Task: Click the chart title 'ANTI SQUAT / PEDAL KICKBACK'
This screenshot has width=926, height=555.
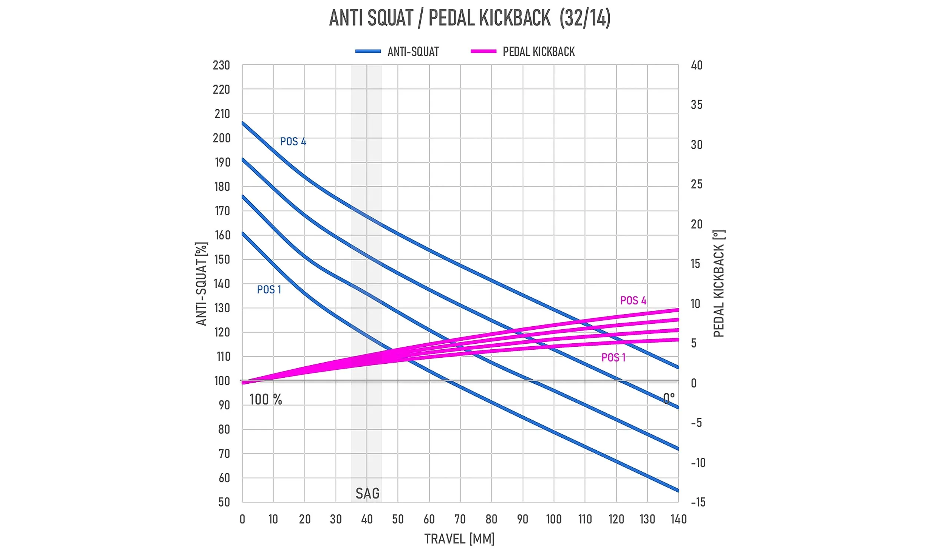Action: [440, 18]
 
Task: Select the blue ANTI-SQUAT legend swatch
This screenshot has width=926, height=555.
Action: [368, 51]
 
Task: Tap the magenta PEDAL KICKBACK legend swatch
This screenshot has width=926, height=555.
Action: [483, 51]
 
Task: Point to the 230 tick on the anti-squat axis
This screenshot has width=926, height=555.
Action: [221, 65]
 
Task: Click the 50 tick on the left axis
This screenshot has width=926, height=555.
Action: [224, 502]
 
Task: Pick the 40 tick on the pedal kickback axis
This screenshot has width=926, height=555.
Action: [697, 65]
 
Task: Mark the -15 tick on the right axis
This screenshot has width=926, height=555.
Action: [698, 502]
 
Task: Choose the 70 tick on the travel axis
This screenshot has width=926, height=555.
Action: [460, 519]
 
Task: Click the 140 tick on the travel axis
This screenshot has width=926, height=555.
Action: [679, 519]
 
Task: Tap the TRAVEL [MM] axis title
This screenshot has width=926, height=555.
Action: [459, 539]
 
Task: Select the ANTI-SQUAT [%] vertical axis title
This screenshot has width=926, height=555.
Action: [201, 284]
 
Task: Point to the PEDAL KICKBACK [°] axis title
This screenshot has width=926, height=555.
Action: [719, 283]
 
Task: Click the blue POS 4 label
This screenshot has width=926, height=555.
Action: [293, 142]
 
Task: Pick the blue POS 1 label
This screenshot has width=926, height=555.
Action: [269, 290]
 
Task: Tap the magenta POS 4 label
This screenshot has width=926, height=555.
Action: [633, 301]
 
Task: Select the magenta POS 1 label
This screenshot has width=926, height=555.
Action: [613, 357]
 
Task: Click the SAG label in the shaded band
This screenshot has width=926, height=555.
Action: [367, 494]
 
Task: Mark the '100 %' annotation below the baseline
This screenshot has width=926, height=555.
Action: [266, 400]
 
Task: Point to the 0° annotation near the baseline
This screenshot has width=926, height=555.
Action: [669, 398]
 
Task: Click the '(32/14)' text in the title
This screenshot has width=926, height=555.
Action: [585, 18]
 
